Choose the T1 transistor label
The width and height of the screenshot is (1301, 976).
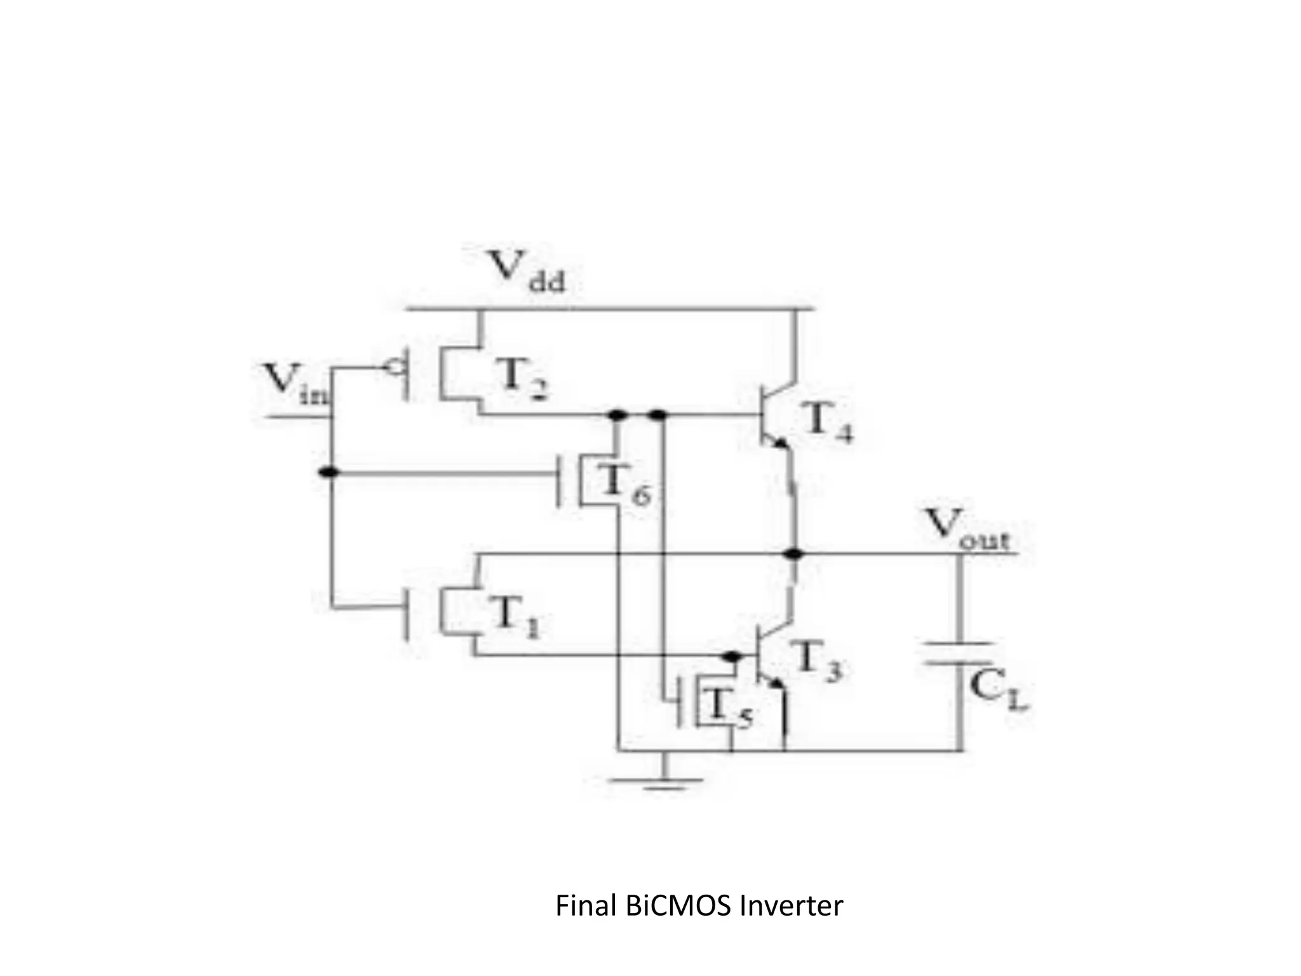coord(514,617)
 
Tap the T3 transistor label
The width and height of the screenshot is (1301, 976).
coord(817,664)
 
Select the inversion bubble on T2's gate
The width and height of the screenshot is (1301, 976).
coord(396,367)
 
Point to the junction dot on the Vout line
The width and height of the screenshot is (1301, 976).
coord(792,555)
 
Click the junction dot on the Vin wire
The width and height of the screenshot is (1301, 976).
coord(328,472)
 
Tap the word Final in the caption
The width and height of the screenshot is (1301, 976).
coord(586,906)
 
